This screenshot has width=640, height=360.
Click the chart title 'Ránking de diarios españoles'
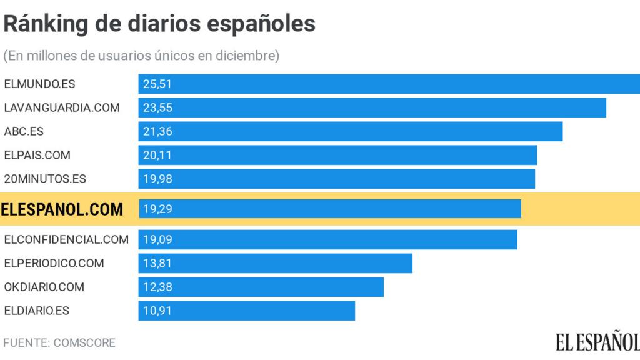click(159, 24)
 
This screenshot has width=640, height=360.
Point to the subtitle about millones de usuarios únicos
click(141, 56)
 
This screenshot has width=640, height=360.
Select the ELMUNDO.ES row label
click(39, 84)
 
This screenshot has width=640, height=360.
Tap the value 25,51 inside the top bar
click(157, 84)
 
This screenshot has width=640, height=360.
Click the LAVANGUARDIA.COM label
click(62, 107)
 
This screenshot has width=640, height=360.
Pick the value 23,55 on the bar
click(157, 107)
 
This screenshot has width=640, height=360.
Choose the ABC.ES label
click(24, 131)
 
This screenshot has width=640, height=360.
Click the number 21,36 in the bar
click(157, 131)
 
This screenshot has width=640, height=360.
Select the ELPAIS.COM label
click(37, 155)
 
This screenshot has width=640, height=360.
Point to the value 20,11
click(157, 155)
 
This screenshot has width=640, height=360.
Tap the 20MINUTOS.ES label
click(45, 179)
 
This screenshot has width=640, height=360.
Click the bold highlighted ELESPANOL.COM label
click(62, 209)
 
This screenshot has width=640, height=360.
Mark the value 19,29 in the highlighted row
click(157, 209)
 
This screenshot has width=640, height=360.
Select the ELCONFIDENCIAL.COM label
click(66, 239)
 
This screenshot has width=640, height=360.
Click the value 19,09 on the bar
click(157, 239)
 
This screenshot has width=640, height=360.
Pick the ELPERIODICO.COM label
click(54, 263)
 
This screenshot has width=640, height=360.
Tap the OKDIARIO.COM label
click(44, 287)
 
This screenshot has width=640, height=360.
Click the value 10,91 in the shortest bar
click(157, 311)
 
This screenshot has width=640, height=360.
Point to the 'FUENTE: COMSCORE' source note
click(59, 343)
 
